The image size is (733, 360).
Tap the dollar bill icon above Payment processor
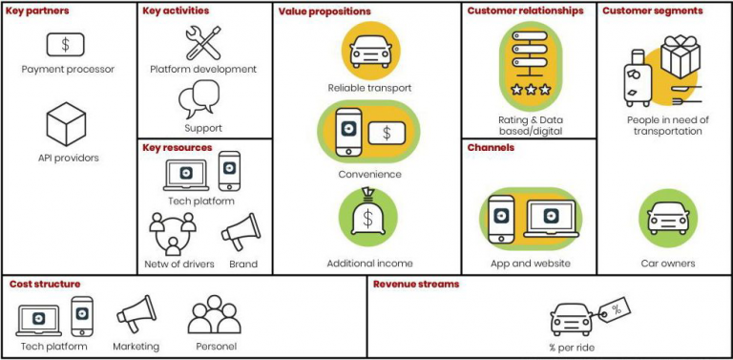65,44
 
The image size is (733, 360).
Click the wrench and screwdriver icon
202,43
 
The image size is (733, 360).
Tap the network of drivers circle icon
173,233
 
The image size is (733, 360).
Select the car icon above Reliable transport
369,51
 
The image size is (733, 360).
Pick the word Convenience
369,175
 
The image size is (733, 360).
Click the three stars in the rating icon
531,90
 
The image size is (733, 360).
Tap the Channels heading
491,148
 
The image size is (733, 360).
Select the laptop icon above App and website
550,219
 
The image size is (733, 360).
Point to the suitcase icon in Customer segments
637,78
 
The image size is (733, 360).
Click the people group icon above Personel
213,315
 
